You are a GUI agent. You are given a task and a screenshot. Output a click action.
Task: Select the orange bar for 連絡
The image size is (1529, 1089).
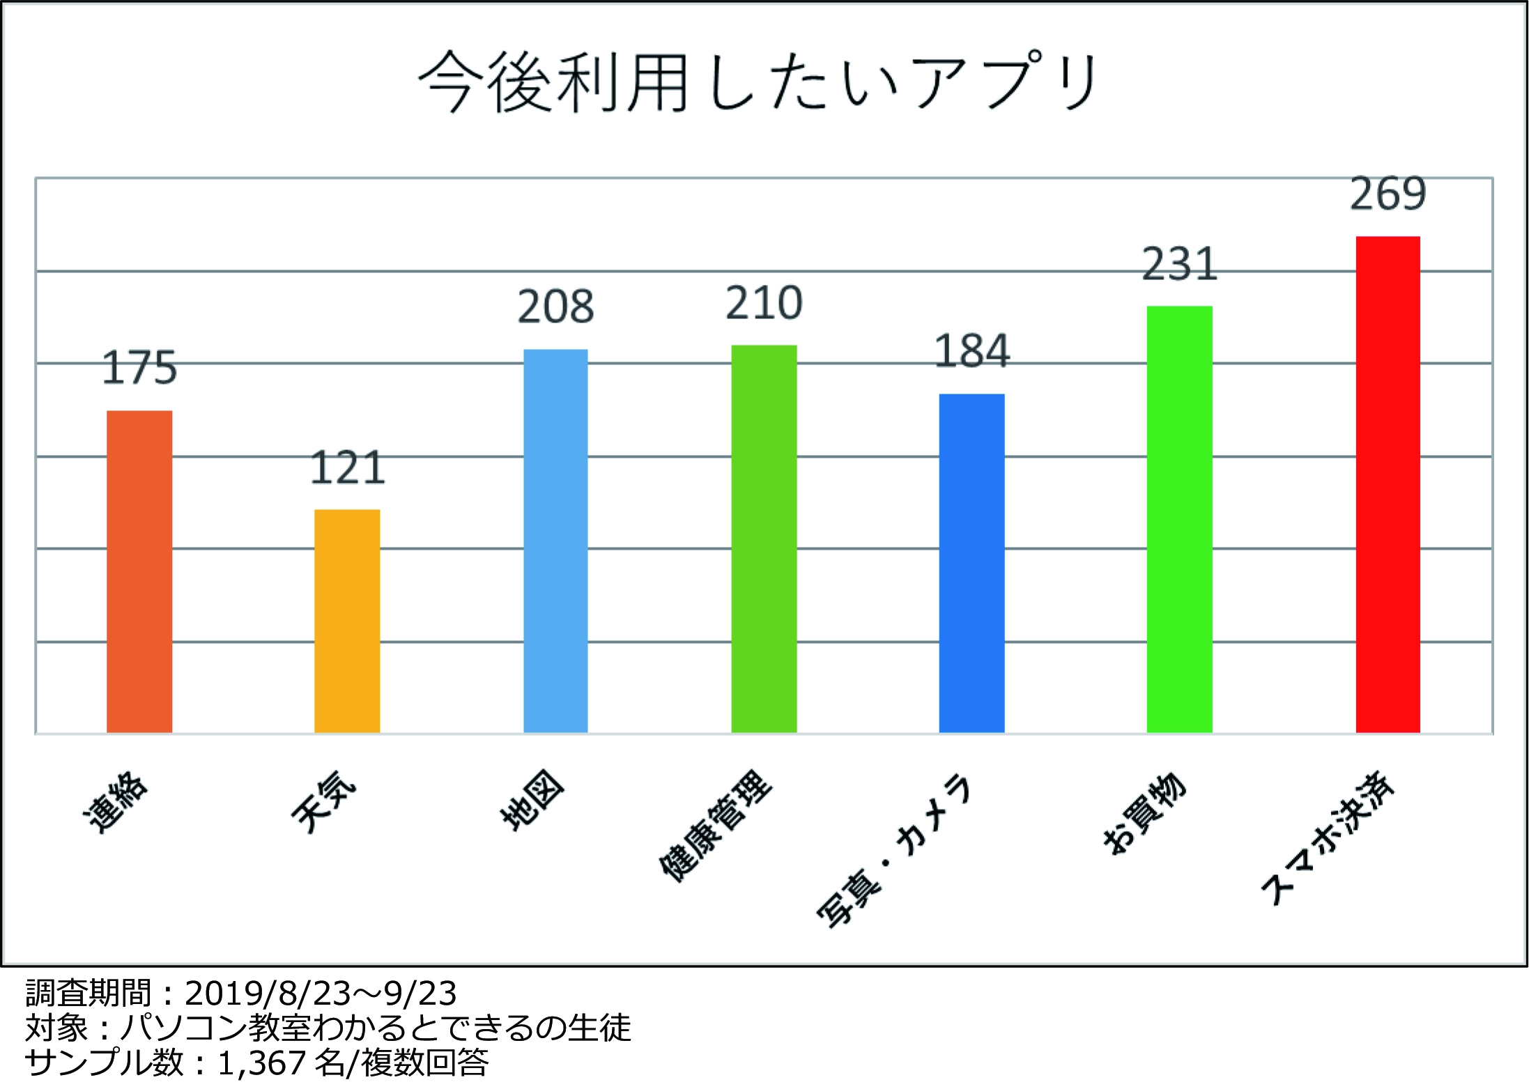tap(139, 571)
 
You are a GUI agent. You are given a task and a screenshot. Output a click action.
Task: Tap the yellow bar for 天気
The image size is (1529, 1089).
tap(347, 621)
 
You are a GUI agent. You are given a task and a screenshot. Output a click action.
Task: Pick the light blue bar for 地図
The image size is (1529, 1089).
tap(555, 541)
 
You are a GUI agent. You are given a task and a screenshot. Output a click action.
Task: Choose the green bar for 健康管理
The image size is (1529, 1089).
tap(764, 539)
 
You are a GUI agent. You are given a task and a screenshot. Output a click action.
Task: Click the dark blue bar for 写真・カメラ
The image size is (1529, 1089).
tap(971, 563)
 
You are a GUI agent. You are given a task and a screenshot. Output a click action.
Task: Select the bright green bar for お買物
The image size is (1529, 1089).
tap(1179, 519)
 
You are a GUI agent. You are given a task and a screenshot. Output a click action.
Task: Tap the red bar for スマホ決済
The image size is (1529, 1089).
tap(1388, 484)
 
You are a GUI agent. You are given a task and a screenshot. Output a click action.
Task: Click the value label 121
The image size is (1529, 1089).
tap(347, 468)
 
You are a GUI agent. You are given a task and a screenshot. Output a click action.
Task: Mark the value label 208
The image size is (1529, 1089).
tap(555, 307)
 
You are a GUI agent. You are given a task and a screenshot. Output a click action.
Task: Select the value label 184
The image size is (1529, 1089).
tap(971, 351)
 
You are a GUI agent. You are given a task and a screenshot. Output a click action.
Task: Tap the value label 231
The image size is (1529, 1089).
tap(1179, 264)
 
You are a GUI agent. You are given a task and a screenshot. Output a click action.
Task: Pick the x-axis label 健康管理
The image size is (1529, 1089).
tap(715, 826)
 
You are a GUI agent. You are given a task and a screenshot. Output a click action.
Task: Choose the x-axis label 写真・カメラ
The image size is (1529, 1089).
tap(893, 851)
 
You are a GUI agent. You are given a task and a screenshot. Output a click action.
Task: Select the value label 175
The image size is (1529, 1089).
tap(139, 368)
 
